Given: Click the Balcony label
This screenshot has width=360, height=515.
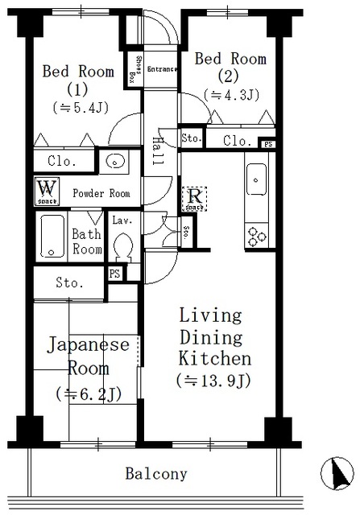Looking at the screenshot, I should pyautogui.click(x=156, y=474).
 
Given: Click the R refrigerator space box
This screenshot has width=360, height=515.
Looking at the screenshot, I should pyautogui.click(x=194, y=198).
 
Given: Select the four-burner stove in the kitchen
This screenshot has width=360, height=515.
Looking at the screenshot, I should pyautogui.click(x=257, y=236).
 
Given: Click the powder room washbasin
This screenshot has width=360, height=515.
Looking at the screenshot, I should pyautogui.click(x=116, y=161).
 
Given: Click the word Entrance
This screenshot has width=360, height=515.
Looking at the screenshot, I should pyautogui.click(x=161, y=68).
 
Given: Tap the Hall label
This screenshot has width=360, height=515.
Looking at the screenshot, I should pyautogui.click(x=157, y=151).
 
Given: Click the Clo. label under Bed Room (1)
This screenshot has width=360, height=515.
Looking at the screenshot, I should pyautogui.click(x=62, y=161).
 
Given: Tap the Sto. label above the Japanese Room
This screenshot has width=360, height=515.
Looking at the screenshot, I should pyautogui.click(x=69, y=283).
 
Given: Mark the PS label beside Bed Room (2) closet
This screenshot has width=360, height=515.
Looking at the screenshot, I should pyautogui.click(x=268, y=144).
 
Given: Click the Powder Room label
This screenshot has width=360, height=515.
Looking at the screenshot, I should pyautogui.click(x=101, y=193).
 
